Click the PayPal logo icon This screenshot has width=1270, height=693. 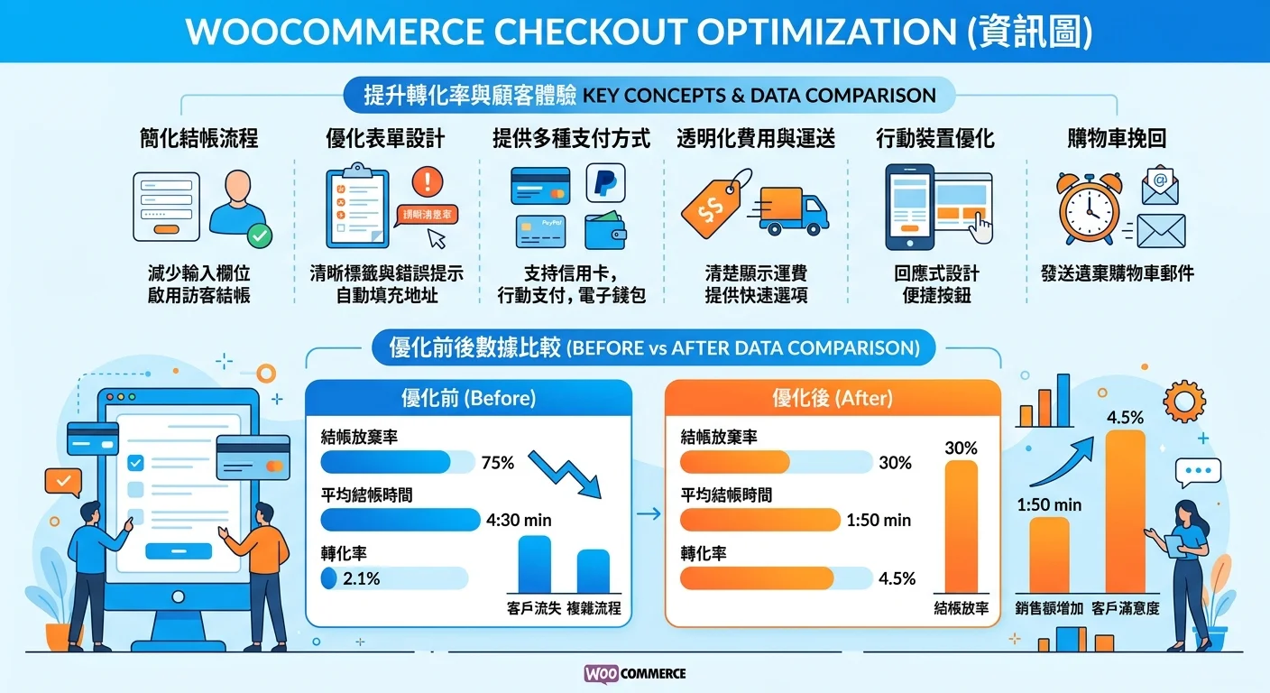[605, 183]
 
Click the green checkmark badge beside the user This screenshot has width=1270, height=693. [259, 237]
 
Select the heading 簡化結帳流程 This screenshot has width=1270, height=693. [199, 138]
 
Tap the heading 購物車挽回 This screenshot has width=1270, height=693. [1117, 138]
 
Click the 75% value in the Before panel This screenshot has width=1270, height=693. [498, 463]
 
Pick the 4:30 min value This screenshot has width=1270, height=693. [519, 521]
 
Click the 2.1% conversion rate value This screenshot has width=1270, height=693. [362, 578]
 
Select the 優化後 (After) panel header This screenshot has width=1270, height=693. [832, 398]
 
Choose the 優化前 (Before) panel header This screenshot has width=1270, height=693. [468, 398]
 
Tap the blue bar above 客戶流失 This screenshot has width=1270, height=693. [534, 564]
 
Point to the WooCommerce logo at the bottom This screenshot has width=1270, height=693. [635, 673]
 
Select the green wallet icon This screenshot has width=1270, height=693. [605, 231]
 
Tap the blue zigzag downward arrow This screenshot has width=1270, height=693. [564, 474]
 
